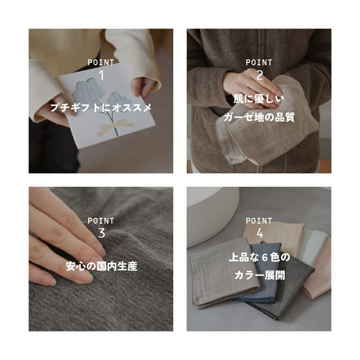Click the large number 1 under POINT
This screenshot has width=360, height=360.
point(101,75)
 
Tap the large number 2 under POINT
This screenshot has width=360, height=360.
point(259,75)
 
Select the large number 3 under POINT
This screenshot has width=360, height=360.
point(101,233)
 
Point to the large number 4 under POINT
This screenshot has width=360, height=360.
point(259,233)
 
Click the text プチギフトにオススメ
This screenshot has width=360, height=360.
point(101,108)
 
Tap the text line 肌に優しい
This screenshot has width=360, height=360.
point(259,98)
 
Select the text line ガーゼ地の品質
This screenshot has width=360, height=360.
point(259,117)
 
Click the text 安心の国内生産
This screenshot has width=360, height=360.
point(101,266)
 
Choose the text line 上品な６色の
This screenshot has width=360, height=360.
point(259,257)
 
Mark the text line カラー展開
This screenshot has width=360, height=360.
point(259,275)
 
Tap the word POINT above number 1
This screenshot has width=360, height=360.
point(101,63)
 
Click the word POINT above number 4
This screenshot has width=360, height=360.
point(259,221)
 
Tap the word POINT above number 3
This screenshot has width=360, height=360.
point(101,221)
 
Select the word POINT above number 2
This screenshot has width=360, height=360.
point(259,63)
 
